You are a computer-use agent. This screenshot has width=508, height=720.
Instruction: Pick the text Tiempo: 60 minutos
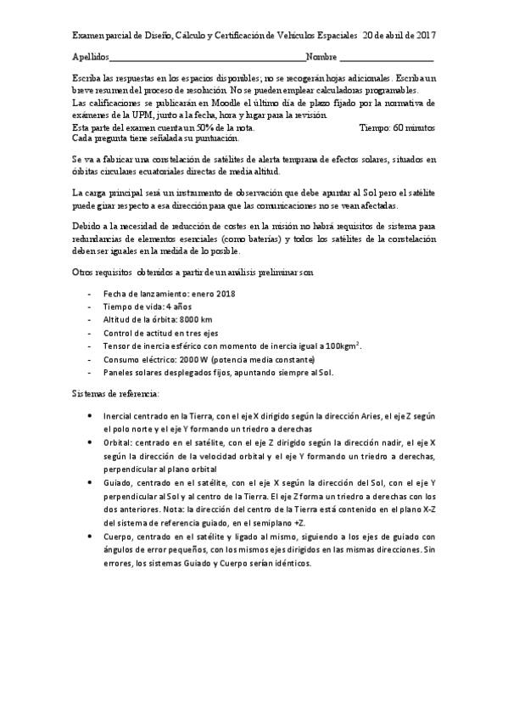(x=397, y=127)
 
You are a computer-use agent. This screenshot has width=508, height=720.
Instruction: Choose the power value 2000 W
(x=200, y=358)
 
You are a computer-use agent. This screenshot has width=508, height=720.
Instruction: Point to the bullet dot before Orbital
(x=91, y=443)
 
